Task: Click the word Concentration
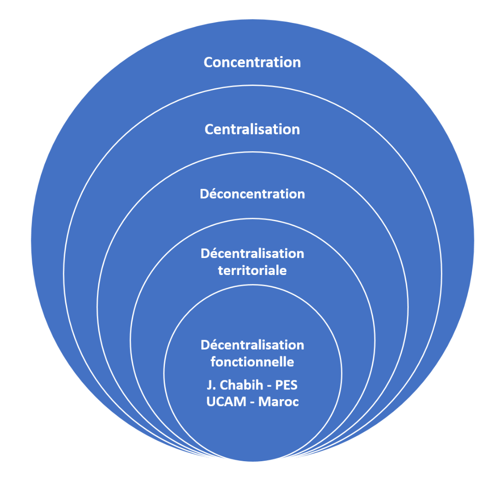coord(252,63)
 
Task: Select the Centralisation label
coord(252,129)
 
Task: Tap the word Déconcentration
coord(252,194)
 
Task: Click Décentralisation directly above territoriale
coord(252,254)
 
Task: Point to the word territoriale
coord(252,270)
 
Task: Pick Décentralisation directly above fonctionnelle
coord(252,345)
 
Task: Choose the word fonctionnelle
coord(252,362)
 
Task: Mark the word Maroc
coord(279,401)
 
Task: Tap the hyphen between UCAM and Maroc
coord(252,402)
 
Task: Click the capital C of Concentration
coord(208,63)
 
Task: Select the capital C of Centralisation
coord(209,129)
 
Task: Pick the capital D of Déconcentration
coord(204,194)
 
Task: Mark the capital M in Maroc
coord(264,401)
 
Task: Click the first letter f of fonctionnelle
coord(213,362)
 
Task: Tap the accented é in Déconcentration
coord(213,194)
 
